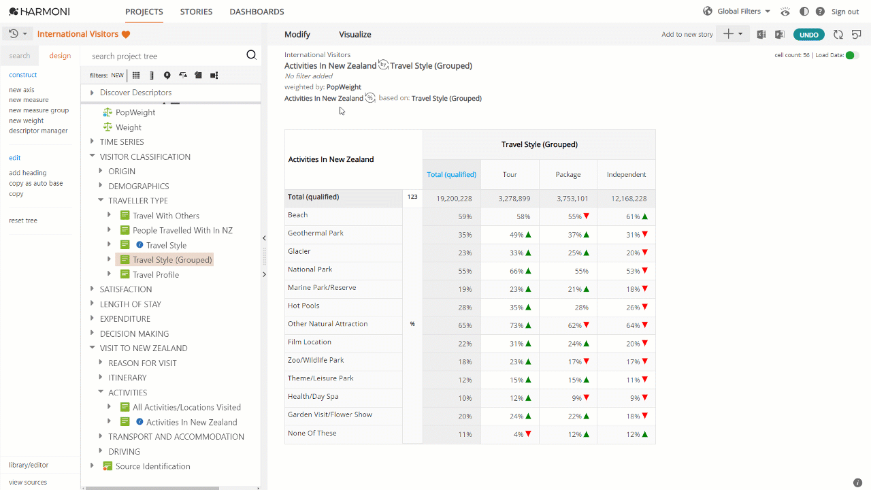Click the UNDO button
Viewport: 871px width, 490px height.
pyautogui.click(x=809, y=35)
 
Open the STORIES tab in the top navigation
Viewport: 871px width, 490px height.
pyautogui.click(x=196, y=12)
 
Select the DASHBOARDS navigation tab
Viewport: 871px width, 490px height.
pyautogui.click(x=257, y=12)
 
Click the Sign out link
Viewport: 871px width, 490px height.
pyautogui.click(x=845, y=12)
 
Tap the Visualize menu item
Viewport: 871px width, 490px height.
pyautogui.click(x=355, y=34)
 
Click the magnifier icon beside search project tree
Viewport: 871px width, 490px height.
pyautogui.click(x=252, y=55)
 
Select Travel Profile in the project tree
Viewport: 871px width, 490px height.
pyautogui.click(x=156, y=274)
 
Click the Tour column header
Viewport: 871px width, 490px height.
pyautogui.click(x=510, y=174)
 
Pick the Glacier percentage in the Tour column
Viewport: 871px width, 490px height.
pyautogui.click(x=516, y=252)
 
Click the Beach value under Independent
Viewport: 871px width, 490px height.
pyautogui.click(x=633, y=216)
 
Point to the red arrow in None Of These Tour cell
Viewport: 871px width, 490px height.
pyautogui.click(x=528, y=434)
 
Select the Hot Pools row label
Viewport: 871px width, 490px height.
pyautogui.click(x=303, y=306)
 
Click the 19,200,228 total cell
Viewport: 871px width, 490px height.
pyautogui.click(x=454, y=198)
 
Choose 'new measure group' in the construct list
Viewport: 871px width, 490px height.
pyautogui.click(x=39, y=110)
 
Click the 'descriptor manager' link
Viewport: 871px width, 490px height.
pyautogui.click(x=38, y=131)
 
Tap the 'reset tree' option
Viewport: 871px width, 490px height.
pyautogui.click(x=23, y=220)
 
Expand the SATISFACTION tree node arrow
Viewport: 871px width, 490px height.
pyautogui.click(x=92, y=289)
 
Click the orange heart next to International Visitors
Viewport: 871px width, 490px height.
pyautogui.click(x=126, y=34)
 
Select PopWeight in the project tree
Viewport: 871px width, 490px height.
pyautogui.click(x=135, y=112)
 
